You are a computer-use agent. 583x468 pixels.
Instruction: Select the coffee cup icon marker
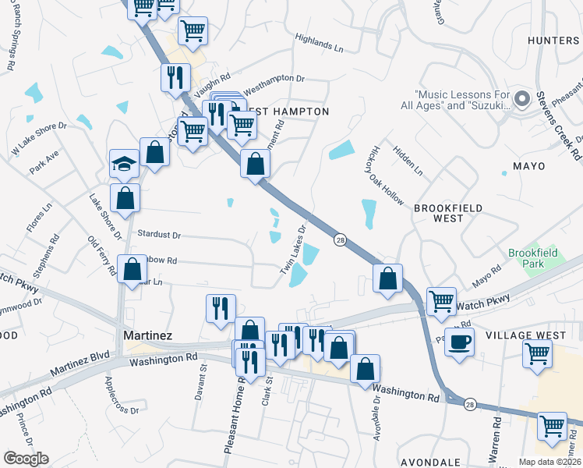click(459, 341)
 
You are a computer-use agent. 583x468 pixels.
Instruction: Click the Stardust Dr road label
click(158, 234)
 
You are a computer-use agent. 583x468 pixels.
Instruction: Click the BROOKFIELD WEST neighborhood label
click(448, 213)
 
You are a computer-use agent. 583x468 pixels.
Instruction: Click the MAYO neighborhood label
click(528, 166)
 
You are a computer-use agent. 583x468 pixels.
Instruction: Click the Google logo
click(26, 458)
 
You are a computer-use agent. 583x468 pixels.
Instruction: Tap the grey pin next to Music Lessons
click(521, 99)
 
